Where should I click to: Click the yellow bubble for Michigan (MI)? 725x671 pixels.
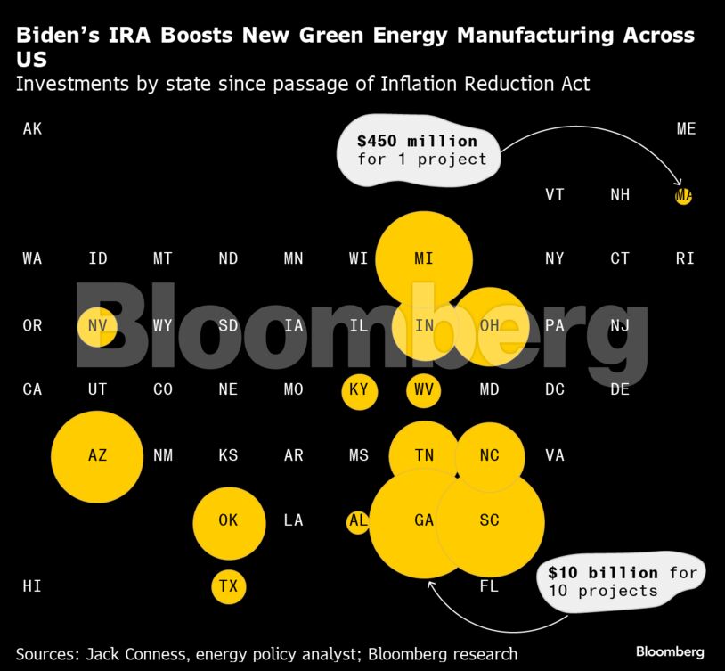coord(424,259)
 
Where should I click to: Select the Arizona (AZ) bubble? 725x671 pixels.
coord(97,456)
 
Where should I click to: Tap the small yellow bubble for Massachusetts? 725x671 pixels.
coord(683,195)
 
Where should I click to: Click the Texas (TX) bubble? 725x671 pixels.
coord(229,586)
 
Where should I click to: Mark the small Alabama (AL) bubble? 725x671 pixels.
coord(358,521)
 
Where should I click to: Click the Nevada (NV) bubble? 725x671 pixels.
coord(97,326)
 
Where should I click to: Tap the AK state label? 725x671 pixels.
coord(32,129)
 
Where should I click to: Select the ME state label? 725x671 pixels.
coord(686,129)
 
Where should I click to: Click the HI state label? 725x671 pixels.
coord(32,586)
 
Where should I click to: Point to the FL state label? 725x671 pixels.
coord(489,586)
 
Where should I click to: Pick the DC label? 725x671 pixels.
coord(555,390)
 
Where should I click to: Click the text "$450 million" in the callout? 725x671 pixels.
coord(417,141)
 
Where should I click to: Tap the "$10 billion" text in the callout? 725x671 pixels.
coord(603,572)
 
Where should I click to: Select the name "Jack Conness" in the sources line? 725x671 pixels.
coord(143,653)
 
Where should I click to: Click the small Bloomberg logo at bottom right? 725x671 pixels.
coord(670,652)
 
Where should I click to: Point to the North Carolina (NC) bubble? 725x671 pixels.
coord(489,456)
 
